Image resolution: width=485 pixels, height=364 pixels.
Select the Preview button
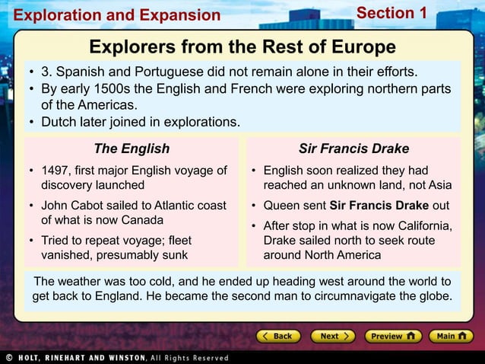[x=392, y=336]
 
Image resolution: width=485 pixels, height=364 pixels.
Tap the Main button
[x=452, y=336]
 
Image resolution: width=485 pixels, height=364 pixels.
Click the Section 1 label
[x=391, y=13]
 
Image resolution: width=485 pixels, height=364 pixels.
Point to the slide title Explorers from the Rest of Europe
[x=242, y=47]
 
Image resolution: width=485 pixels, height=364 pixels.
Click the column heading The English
[x=132, y=148]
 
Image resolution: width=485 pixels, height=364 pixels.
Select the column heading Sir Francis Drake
[x=353, y=148]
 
